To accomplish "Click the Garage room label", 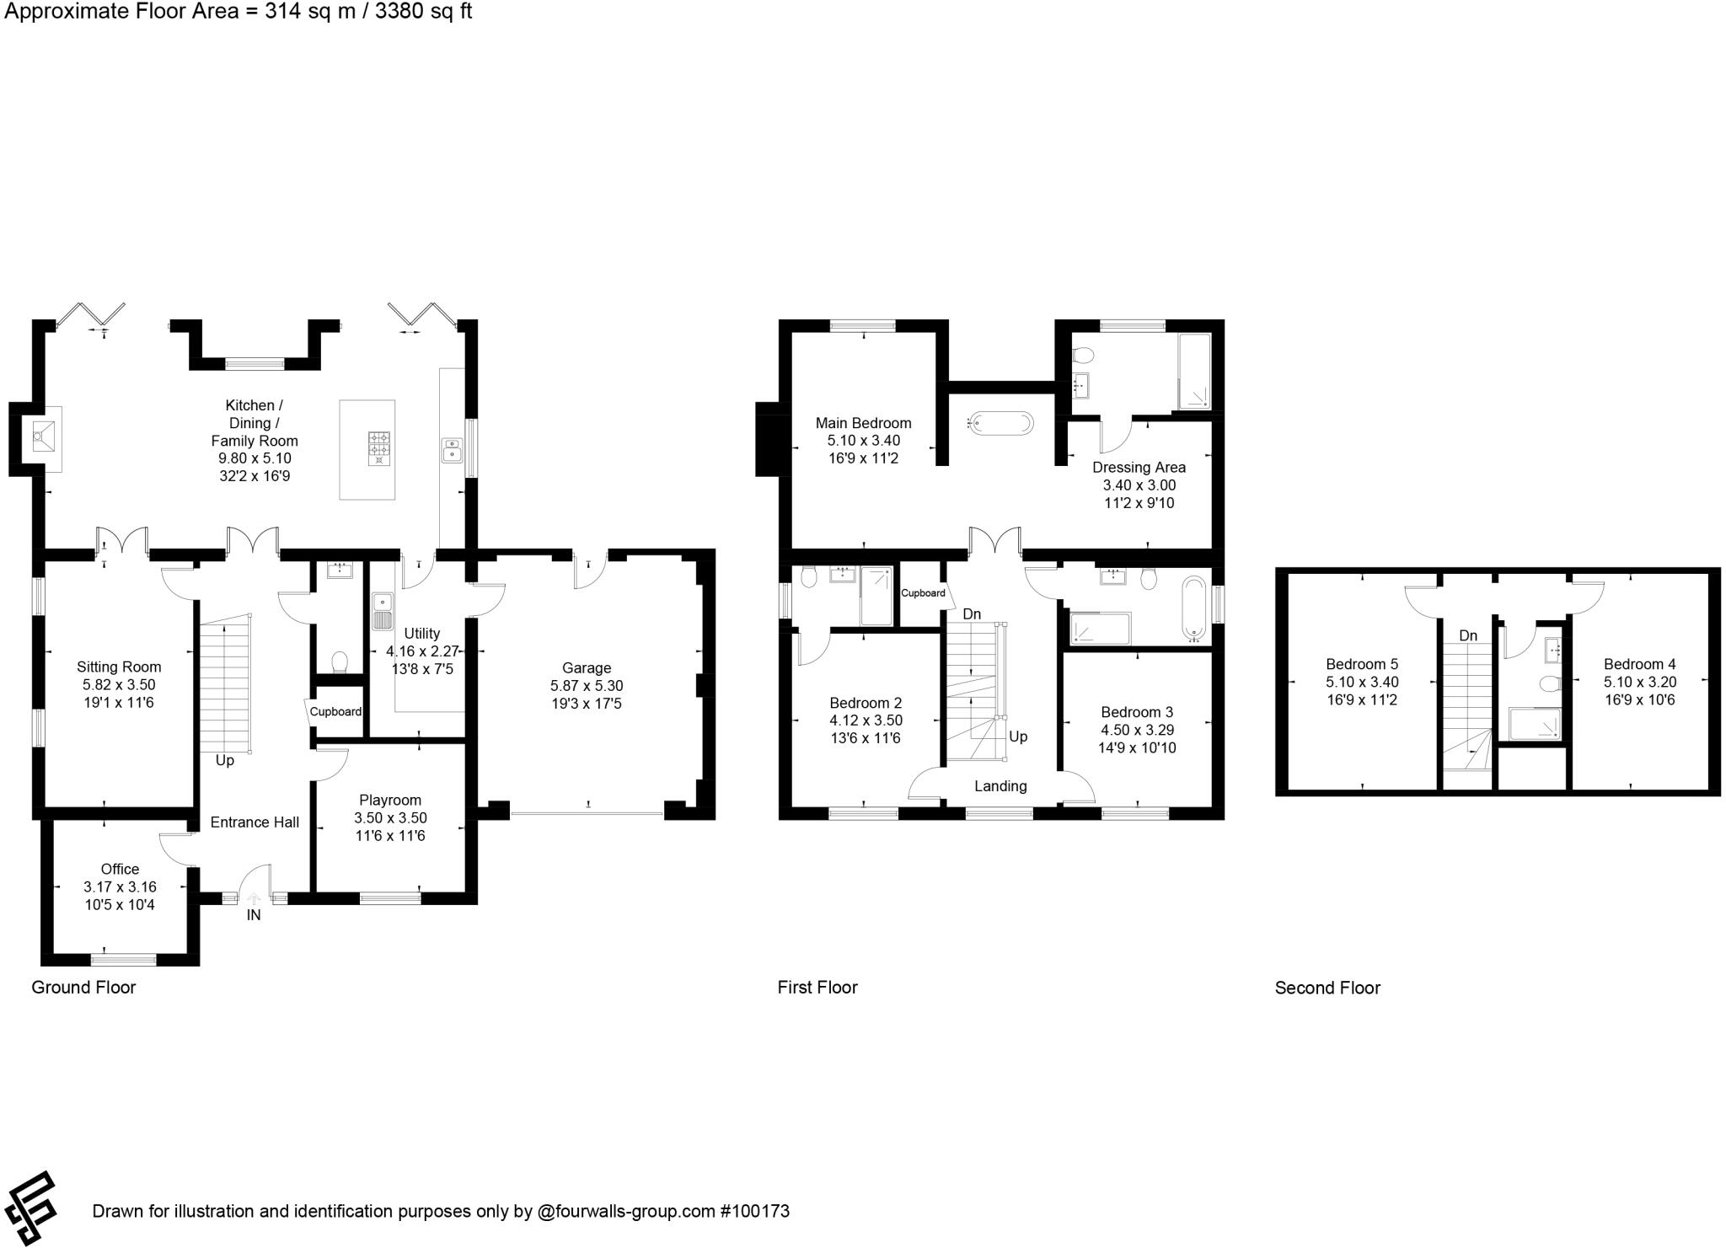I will (x=586, y=668).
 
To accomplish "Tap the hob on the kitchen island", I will (x=379, y=447).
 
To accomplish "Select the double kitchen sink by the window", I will (x=452, y=450).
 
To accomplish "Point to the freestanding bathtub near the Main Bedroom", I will (x=1000, y=423).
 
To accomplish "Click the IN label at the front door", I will (x=254, y=915).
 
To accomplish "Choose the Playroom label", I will (x=389, y=800).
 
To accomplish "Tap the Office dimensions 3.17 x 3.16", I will (x=120, y=887).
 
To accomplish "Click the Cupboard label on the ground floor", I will (x=335, y=711).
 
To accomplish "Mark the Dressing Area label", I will (x=1139, y=467).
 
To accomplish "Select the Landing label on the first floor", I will (x=1000, y=786).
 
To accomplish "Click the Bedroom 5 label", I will (x=1361, y=664).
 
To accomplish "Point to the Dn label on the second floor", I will (x=1468, y=635).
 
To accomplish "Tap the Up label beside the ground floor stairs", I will (x=225, y=760).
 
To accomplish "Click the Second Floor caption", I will (x=1327, y=988).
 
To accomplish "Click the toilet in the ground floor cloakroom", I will (x=340, y=661).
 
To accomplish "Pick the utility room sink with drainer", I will (x=383, y=612).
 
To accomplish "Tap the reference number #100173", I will (x=754, y=1212).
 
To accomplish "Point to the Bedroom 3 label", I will (x=1136, y=712).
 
